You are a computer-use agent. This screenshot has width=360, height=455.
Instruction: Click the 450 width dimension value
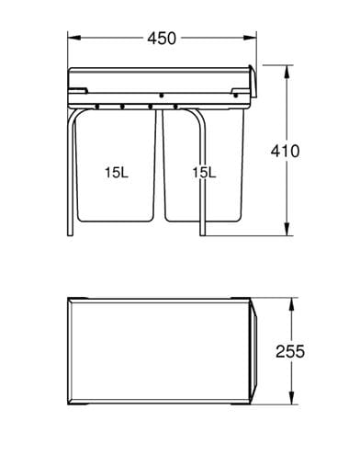coord(162,39)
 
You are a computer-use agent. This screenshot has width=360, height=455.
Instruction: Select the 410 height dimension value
coord(286,151)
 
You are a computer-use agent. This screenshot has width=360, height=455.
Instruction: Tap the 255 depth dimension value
coord(290,351)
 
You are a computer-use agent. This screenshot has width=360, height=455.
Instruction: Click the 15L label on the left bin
coord(117,173)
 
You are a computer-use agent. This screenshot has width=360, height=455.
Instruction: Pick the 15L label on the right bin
coord(204,173)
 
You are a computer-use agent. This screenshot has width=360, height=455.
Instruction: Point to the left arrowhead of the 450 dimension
coord(73,38)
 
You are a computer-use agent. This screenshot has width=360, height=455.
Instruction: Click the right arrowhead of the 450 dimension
coord(250,38)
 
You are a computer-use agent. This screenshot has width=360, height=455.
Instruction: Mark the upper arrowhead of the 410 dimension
coord(287,72)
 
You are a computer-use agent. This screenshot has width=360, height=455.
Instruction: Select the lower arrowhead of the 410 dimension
coord(287,229)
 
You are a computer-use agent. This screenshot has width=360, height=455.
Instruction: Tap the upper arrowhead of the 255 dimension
coord(291,304)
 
